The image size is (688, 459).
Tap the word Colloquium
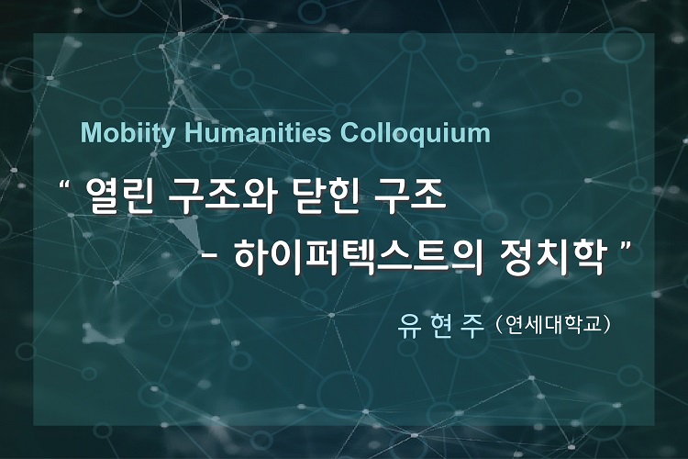click(415, 133)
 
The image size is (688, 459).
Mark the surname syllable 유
click(407, 327)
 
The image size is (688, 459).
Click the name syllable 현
click(438, 327)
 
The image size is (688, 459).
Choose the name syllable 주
click(470, 327)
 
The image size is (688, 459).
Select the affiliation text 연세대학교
click(552, 326)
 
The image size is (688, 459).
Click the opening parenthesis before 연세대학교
click(497, 326)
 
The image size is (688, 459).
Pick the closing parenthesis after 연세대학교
click(606, 326)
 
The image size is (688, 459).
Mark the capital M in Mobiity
click(90, 132)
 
